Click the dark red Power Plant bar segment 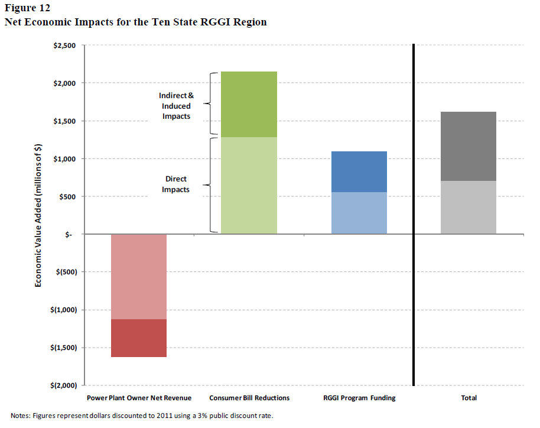click(138, 338)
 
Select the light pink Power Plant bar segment click(138, 277)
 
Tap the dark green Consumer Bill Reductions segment click(249, 104)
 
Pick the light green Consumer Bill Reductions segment click(249, 186)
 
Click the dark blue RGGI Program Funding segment click(359, 171)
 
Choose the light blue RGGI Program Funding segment click(359, 213)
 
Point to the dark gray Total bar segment click(468, 146)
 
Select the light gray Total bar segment click(468, 207)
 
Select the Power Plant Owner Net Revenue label click(139, 398)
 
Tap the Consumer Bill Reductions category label click(249, 398)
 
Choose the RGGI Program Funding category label click(359, 398)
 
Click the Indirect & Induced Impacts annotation click(175, 106)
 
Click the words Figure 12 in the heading click(27, 9)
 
